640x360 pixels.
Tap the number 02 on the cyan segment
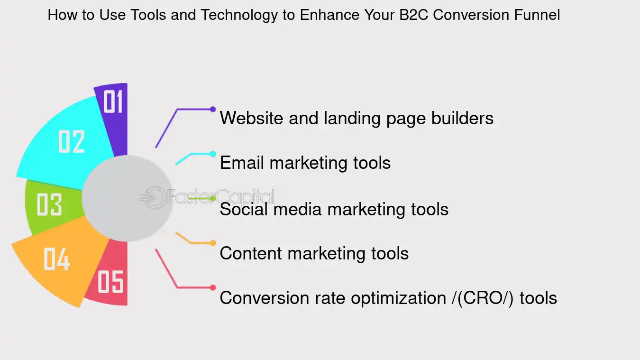click(x=72, y=141)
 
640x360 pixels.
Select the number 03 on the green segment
click(x=49, y=204)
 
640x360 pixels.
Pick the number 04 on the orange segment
click(x=56, y=259)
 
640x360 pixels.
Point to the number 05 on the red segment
click(x=110, y=281)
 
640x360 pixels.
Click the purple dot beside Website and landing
click(x=213, y=109)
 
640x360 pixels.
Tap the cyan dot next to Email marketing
click(x=213, y=154)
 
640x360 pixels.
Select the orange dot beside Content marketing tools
click(x=213, y=243)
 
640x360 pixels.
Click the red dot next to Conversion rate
click(x=213, y=287)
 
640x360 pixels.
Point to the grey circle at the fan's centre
click(x=127, y=198)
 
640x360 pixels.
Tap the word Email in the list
click(x=242, y=163)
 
